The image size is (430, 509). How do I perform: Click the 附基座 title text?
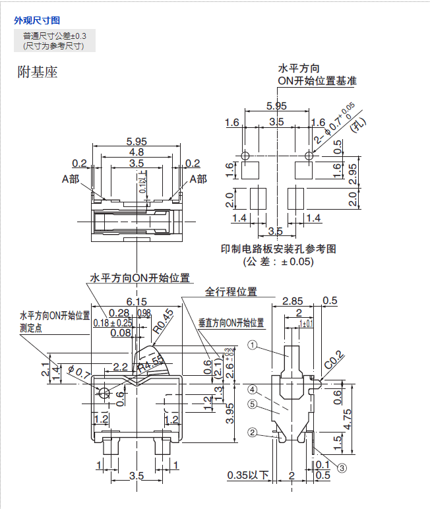pos(38,73)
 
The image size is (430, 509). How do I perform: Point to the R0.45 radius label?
pos(163,320)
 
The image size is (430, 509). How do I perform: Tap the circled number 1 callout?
pos(251,345)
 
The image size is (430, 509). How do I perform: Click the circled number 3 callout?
pos(342,468)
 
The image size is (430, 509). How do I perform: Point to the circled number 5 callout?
pos(252,404)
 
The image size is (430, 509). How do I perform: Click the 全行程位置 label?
pos(231,291)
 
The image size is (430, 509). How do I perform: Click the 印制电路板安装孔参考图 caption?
pos(278,249)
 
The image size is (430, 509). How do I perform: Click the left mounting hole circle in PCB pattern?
pos(245,156)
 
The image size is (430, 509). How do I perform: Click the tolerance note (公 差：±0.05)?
pos(278,262)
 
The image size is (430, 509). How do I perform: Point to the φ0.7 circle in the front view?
pos(104,394)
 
